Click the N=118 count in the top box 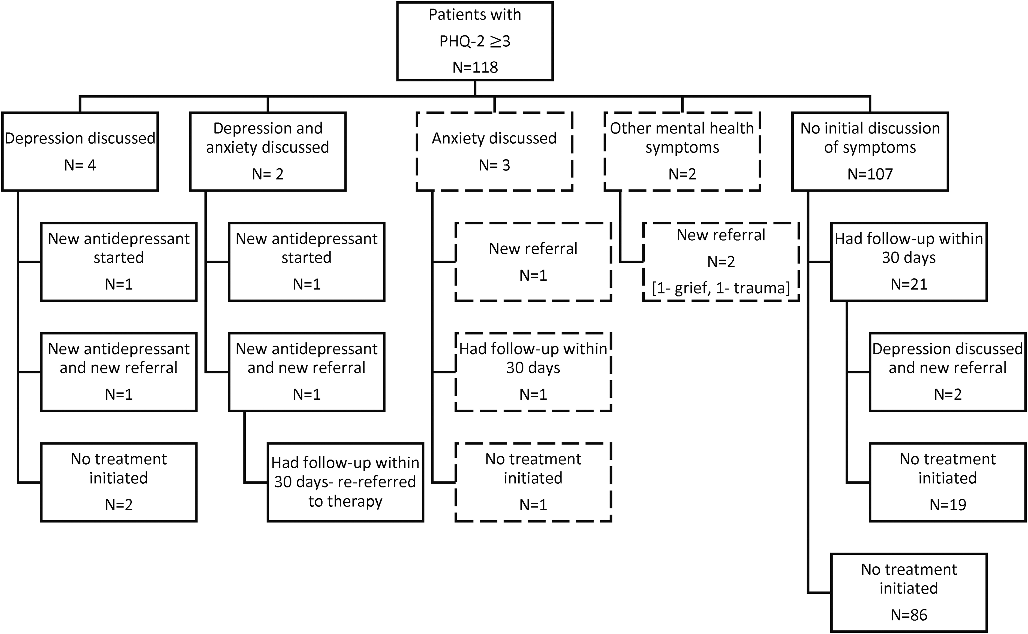coord(475,67)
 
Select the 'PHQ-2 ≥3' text coord(475,41)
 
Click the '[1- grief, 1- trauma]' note coord(721,288)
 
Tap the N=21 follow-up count coord(909,284)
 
